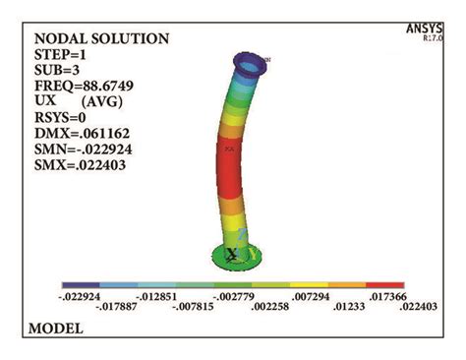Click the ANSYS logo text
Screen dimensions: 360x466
[x=424, y=28]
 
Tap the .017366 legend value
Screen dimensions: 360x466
[x=383, y=296]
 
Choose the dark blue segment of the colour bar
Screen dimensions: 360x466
[x=81, y=284]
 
